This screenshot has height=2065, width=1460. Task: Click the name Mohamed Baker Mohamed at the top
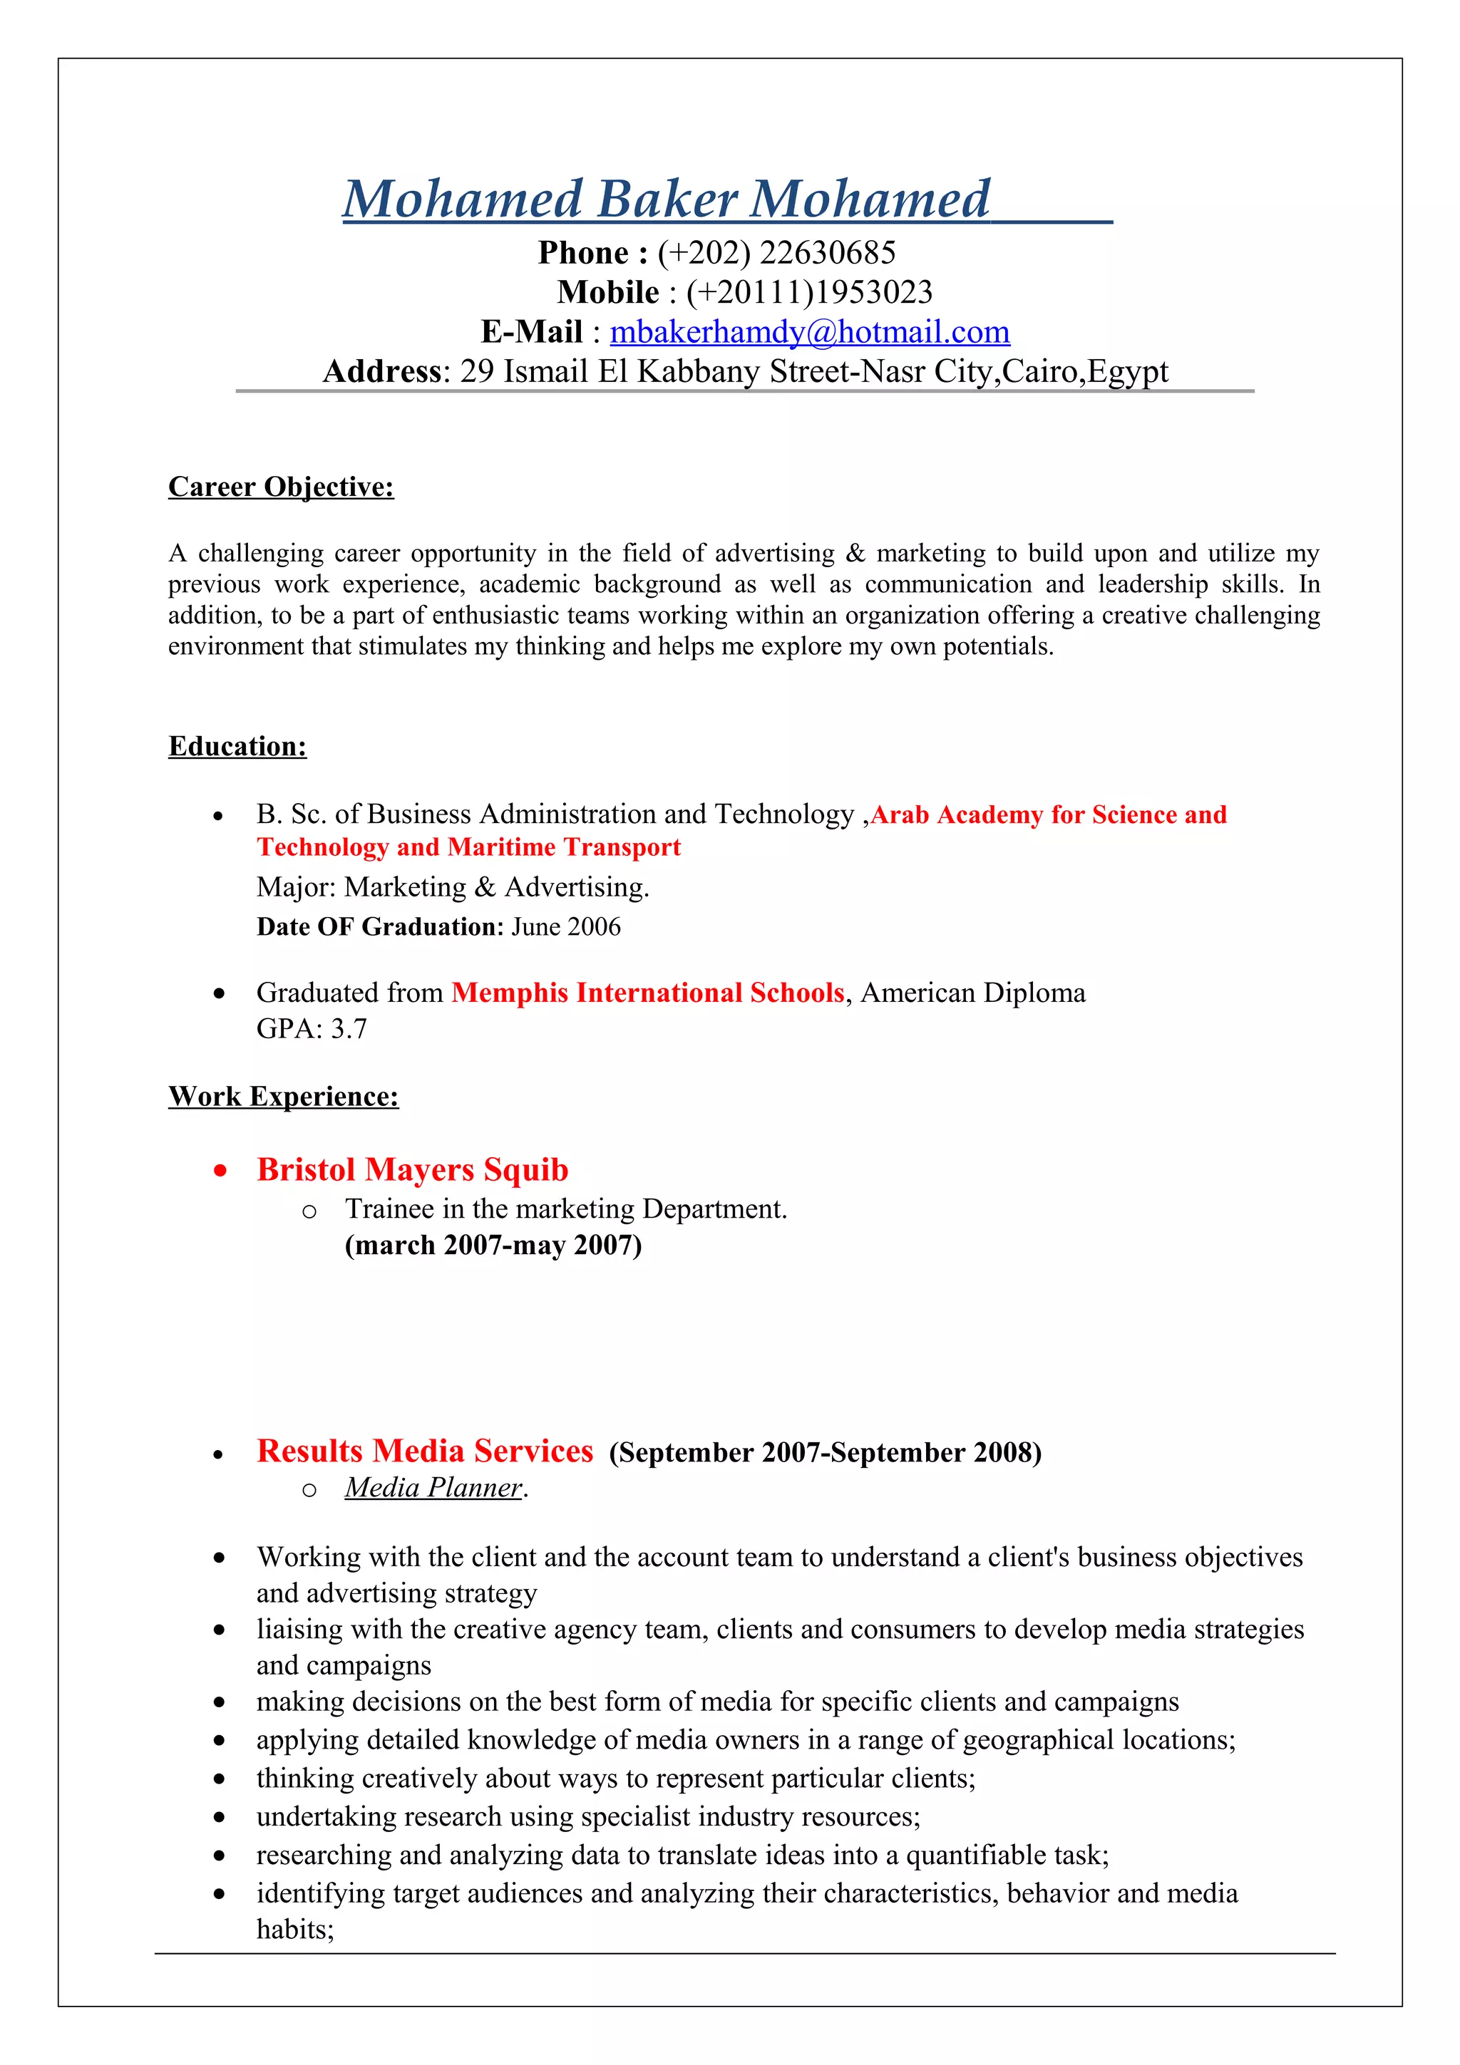(x=666, y=199)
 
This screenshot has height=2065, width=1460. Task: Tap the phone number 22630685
(x=827, y=253)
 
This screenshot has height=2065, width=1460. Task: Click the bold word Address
(x=381, y=371)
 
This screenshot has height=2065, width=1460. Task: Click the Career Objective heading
(x=281, y=487)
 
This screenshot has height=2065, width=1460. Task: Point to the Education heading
(x=237, y=747)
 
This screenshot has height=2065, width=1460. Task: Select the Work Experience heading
(x=283, y=1097)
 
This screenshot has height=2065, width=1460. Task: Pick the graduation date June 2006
(x=566, y=926)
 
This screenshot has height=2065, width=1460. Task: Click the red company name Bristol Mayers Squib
(x=412, y=1169)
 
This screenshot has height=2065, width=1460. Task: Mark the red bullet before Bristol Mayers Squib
(x=220, y=1171)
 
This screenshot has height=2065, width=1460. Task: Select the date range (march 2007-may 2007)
(x=493, y=1245)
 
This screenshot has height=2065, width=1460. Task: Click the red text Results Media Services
(x=425, y=1451)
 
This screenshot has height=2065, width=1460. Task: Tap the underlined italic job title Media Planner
(x=433, y=1488)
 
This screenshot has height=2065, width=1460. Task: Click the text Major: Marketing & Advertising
(x=453, y=887)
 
